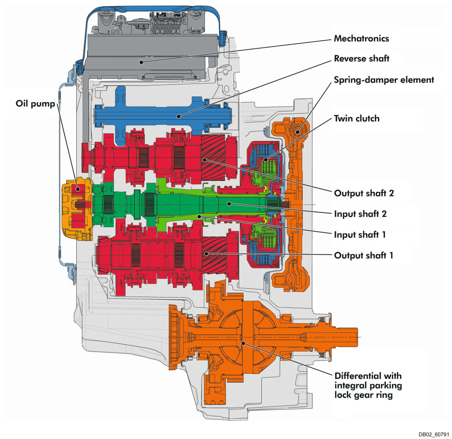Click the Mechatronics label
pyautogui.click(x=361, y=38)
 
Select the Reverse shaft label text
pyautogui.click(x=362, y=59)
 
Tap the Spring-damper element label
pyautogui.click(x=384, y=80)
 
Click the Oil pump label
pyautogui.click(x=33, y=105)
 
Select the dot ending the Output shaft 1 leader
pyautogui.click(x=206, y=253)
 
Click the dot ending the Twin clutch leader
pyautogui.click(x=265, y=160)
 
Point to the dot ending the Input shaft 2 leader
pyautogui.click(x=229, y=203)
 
